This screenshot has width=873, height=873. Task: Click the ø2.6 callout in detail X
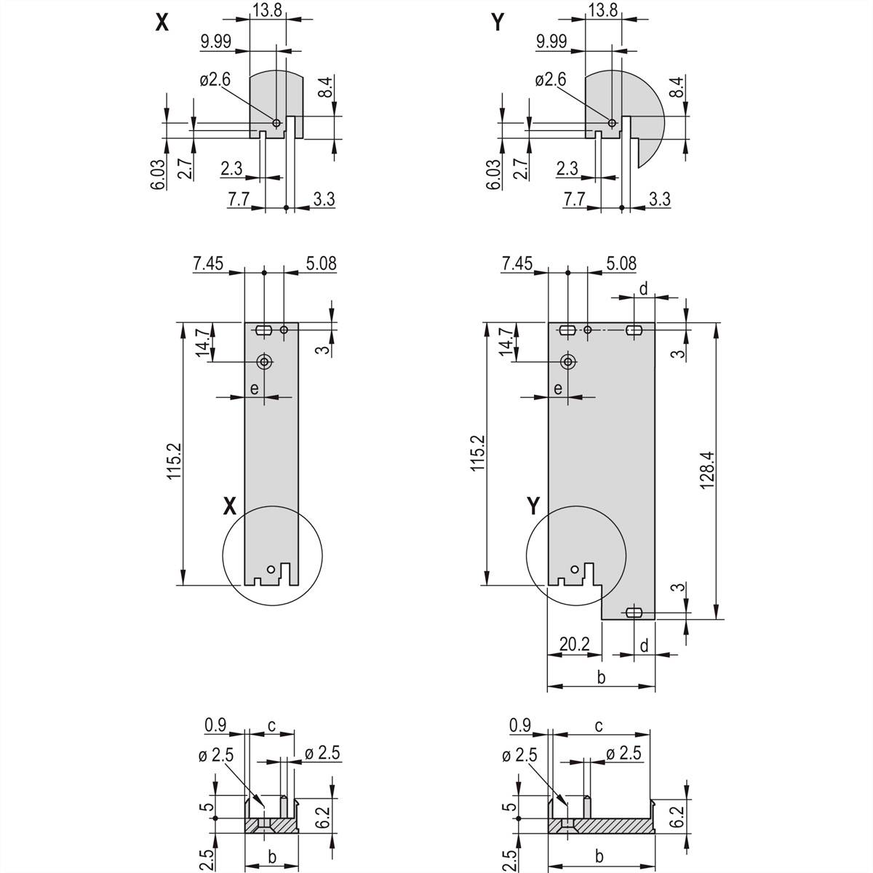[x=215, y=79]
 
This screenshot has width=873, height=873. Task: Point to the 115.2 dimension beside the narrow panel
[x=172, y=457]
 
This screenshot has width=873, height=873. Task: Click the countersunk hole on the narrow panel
[x=265, y=362]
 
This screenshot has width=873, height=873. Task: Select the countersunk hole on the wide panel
[x=568, y=362]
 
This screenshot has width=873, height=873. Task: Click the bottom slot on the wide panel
[x=634, y=612]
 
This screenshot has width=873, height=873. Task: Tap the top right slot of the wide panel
[x=634, y=330]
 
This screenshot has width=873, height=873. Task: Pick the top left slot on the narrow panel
[x=264, y=330]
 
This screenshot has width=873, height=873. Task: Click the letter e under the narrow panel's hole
[x=254, y=388]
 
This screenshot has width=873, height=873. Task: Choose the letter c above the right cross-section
[x=598, y=725]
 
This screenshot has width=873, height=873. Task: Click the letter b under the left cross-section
[x=271, y=857]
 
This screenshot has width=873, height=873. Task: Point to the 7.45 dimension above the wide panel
[x=517, y=263]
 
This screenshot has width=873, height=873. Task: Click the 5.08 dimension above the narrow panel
[x=321, y=263]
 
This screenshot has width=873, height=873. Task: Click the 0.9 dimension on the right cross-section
[x=519, y=725]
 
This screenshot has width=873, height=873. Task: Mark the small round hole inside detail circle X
[x=271, y=568]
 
